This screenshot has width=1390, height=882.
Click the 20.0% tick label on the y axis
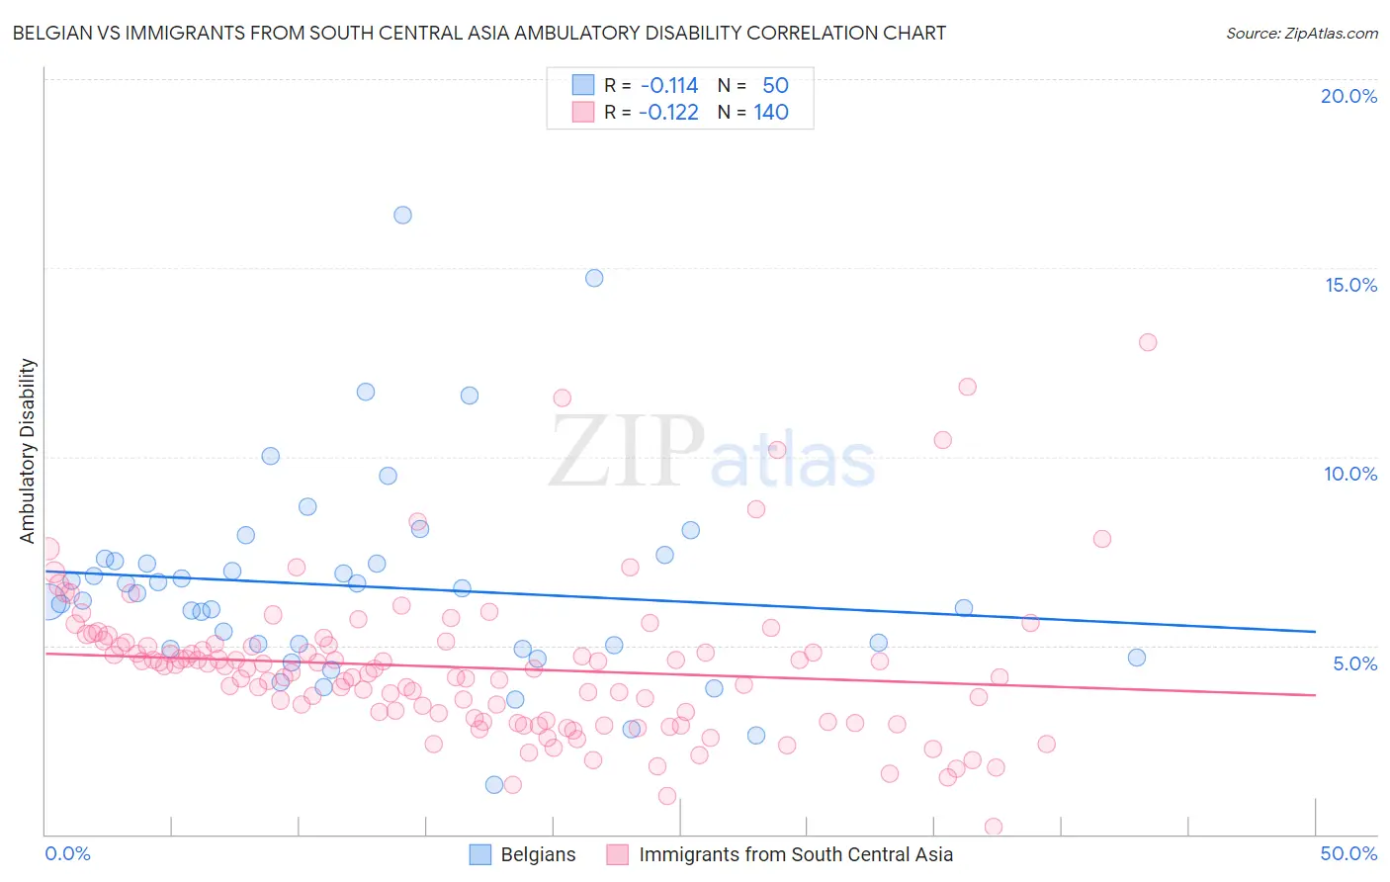coord(1348,96)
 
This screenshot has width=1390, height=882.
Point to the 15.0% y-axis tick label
coord(1350,285)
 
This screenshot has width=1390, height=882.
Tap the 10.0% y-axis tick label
coord(1350,474)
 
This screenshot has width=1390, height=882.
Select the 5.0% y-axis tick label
coord(1354,663)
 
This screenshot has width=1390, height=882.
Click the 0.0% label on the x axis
coord(68,853)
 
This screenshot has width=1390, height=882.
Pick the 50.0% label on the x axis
coord(1348,853)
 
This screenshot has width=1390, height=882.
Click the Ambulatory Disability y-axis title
coord(28,451)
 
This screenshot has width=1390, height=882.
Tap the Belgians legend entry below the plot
coord(538,854)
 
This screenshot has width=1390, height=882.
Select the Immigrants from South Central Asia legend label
coord(796,854)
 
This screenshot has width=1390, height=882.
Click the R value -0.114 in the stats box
coord(669,86)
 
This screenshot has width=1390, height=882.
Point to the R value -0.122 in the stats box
coord(669,113)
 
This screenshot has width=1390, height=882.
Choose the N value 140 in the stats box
coord(771,113)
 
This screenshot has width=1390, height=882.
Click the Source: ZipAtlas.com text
coord(1301,34)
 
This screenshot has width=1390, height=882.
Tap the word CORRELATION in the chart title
coord(797,34)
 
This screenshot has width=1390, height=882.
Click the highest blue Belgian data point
coord(402,215)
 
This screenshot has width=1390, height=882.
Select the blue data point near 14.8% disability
coord(594,278)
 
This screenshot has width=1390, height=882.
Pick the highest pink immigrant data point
coord(1148,342)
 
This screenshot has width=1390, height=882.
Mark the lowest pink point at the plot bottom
coord(994,827)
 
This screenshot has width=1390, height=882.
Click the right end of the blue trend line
coord(1315,632)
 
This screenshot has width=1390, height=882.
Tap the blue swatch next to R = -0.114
coord(583,86)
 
